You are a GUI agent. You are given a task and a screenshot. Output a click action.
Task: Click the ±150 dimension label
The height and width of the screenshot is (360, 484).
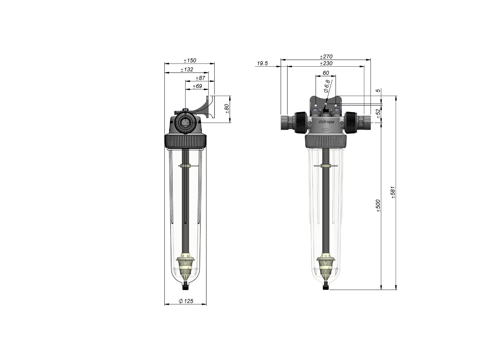coord(190,60)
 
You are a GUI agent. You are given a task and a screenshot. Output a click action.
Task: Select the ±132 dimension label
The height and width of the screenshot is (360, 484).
coord(187,70)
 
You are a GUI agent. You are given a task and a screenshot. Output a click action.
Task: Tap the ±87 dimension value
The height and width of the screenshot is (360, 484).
coord(200,78)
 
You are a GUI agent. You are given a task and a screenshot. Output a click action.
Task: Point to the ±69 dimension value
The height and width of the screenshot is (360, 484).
coord(197,86)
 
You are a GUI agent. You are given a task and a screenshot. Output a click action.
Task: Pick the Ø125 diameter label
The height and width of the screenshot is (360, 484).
coord(186,301)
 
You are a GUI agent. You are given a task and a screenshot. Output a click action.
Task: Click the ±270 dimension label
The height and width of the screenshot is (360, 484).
coord(326,57)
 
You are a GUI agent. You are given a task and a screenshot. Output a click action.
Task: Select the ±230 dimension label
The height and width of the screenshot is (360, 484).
coord(326,63)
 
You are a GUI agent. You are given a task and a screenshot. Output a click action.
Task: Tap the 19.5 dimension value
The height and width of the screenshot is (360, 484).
coord(262,64)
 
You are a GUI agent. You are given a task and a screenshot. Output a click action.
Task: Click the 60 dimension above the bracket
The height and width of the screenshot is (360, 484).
coord(326,73)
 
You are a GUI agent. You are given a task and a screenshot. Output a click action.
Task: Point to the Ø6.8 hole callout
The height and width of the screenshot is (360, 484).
coord(326,86)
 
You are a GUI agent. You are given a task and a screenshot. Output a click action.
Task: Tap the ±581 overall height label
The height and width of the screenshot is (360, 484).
coord(393,192)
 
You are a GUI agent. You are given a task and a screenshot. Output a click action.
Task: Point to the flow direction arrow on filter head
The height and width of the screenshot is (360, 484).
coord(325,130)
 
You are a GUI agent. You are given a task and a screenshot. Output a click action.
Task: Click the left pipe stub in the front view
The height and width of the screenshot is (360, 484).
coord(286,122)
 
